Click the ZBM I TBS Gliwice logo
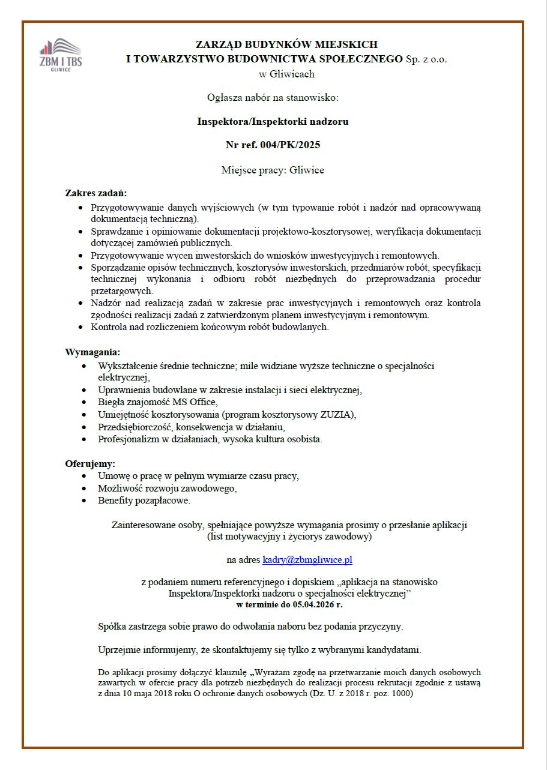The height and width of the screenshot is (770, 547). tap(60, 55)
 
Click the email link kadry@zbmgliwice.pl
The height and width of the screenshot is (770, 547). tap(307, 560)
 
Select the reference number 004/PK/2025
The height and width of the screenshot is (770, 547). tap(289, 145)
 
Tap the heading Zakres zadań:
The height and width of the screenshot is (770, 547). tap(95, 193)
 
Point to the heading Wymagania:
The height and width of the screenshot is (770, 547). tap(92, 352)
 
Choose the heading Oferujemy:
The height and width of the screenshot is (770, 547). tap(90, 463)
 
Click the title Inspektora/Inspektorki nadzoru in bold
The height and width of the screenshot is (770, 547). tap(273, 121)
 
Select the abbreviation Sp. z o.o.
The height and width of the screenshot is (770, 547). tap(426, 59)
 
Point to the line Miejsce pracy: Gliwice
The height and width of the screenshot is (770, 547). tap(273, 170)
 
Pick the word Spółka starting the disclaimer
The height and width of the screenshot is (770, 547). tap(112, 627)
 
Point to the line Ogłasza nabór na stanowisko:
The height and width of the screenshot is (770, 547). tap(273, 97)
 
